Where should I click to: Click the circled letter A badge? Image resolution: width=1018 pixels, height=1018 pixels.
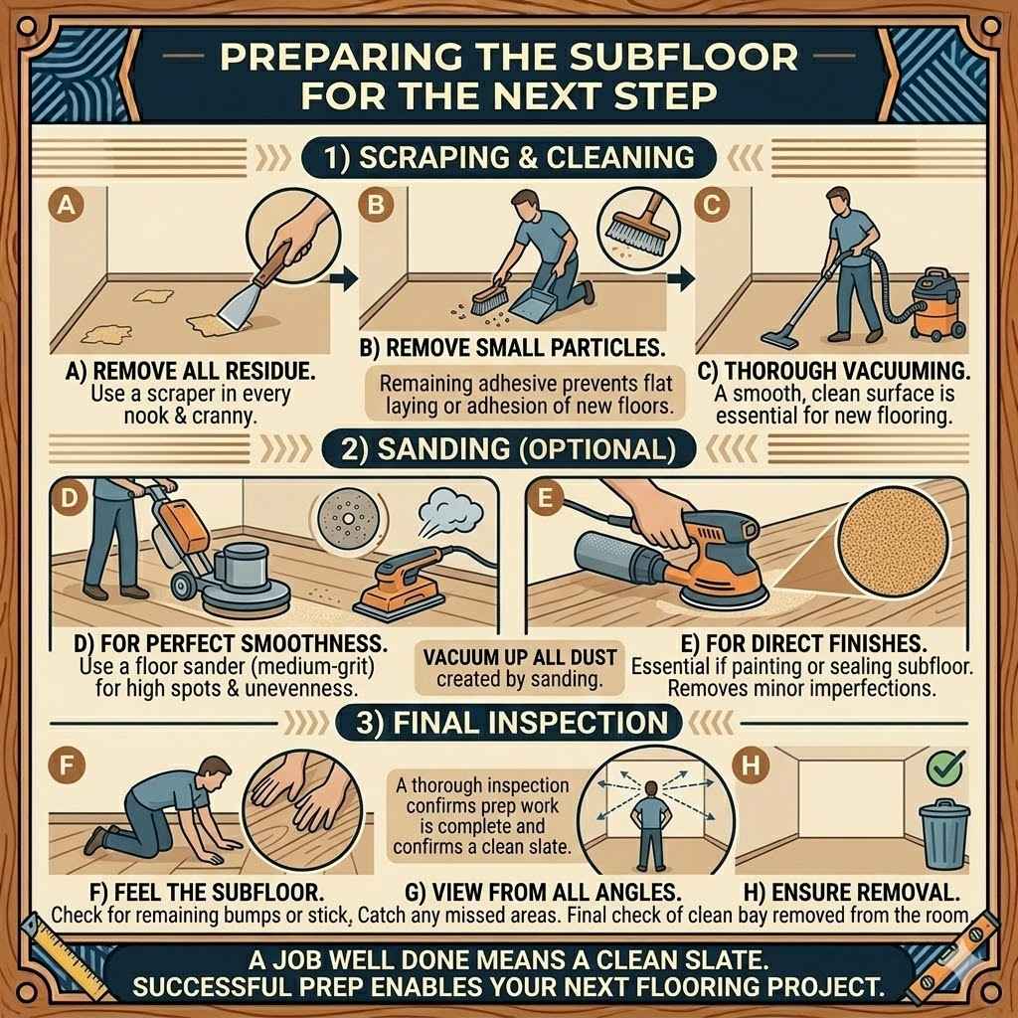click(67, 206)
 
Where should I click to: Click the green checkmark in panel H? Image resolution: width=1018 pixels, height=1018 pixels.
click(945, 768)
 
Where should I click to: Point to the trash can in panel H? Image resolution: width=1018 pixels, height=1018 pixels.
click(944, 834)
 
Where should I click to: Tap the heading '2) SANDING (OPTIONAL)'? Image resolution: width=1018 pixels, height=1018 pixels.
click(509, 449)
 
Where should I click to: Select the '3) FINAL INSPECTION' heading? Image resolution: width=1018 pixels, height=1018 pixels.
click(509, 723)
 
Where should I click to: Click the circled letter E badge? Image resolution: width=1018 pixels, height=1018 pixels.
click(546, 499)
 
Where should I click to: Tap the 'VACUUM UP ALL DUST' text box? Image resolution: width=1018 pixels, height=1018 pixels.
click(519, 669)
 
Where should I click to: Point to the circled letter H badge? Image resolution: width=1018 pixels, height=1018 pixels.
click(751, 766)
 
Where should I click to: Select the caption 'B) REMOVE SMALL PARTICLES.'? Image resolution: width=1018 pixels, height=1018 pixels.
click(512, 348)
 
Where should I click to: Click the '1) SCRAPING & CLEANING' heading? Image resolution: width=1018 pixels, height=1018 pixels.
click(509, 158)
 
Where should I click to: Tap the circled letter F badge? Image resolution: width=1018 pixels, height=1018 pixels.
click(67, 764)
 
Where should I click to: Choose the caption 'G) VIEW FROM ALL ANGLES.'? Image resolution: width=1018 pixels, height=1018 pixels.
click(543, 892)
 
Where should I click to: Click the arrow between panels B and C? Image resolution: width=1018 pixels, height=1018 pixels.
click(680, 278)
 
